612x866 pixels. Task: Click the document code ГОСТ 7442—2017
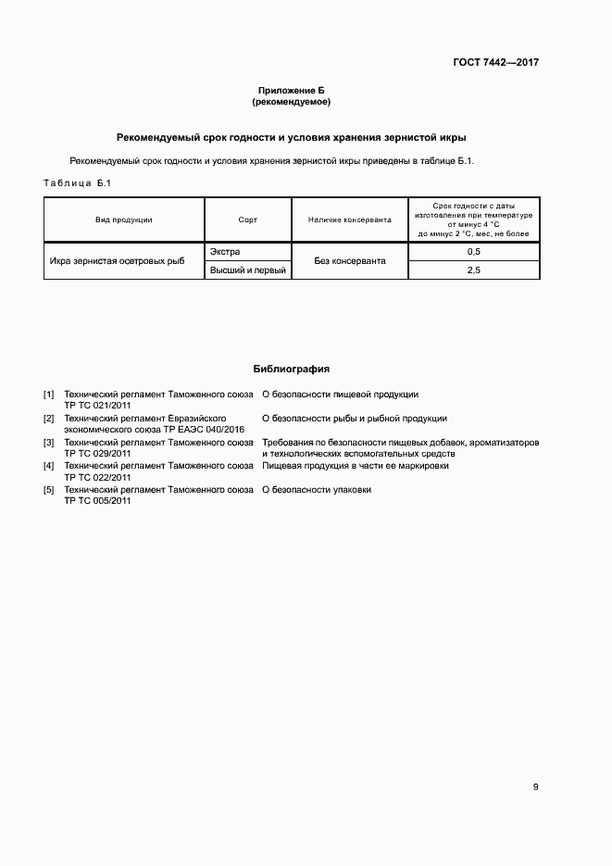496,63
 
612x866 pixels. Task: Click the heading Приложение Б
292,90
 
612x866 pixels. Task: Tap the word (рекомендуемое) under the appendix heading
292,101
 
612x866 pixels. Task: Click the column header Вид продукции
123,220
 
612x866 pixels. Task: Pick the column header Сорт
248,220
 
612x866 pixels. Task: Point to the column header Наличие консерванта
349,220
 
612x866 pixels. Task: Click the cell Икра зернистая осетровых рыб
117,261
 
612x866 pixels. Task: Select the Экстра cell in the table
225,252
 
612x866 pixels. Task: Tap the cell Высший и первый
247,270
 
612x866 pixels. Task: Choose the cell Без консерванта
349,261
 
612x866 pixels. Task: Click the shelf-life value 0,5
473,252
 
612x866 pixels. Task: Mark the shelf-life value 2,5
473,270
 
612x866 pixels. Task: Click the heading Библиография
292,369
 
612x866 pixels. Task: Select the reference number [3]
49,443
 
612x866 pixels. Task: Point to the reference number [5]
49,490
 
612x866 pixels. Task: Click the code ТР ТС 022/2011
97,477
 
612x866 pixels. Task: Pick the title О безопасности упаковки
317,490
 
